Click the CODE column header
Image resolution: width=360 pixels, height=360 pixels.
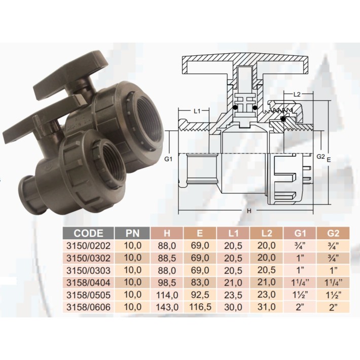click(x=88, y=233)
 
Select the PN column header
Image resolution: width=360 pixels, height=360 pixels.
click(x=132, y=233)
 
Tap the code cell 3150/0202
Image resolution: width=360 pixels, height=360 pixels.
click(x=88, y=246)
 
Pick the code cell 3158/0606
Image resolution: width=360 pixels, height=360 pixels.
click(x=88, y=307)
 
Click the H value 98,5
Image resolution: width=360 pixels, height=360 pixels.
click(x=167, y=282)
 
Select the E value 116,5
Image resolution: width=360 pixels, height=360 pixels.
click(x=200, y=307)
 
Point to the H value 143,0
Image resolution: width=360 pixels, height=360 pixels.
click(x=167, y=307)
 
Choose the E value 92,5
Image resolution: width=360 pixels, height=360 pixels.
click(x=200, y=295)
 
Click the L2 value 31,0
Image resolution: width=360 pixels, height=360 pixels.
click(x=266, y=307)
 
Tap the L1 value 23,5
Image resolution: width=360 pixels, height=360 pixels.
click(x=233, y=295)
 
